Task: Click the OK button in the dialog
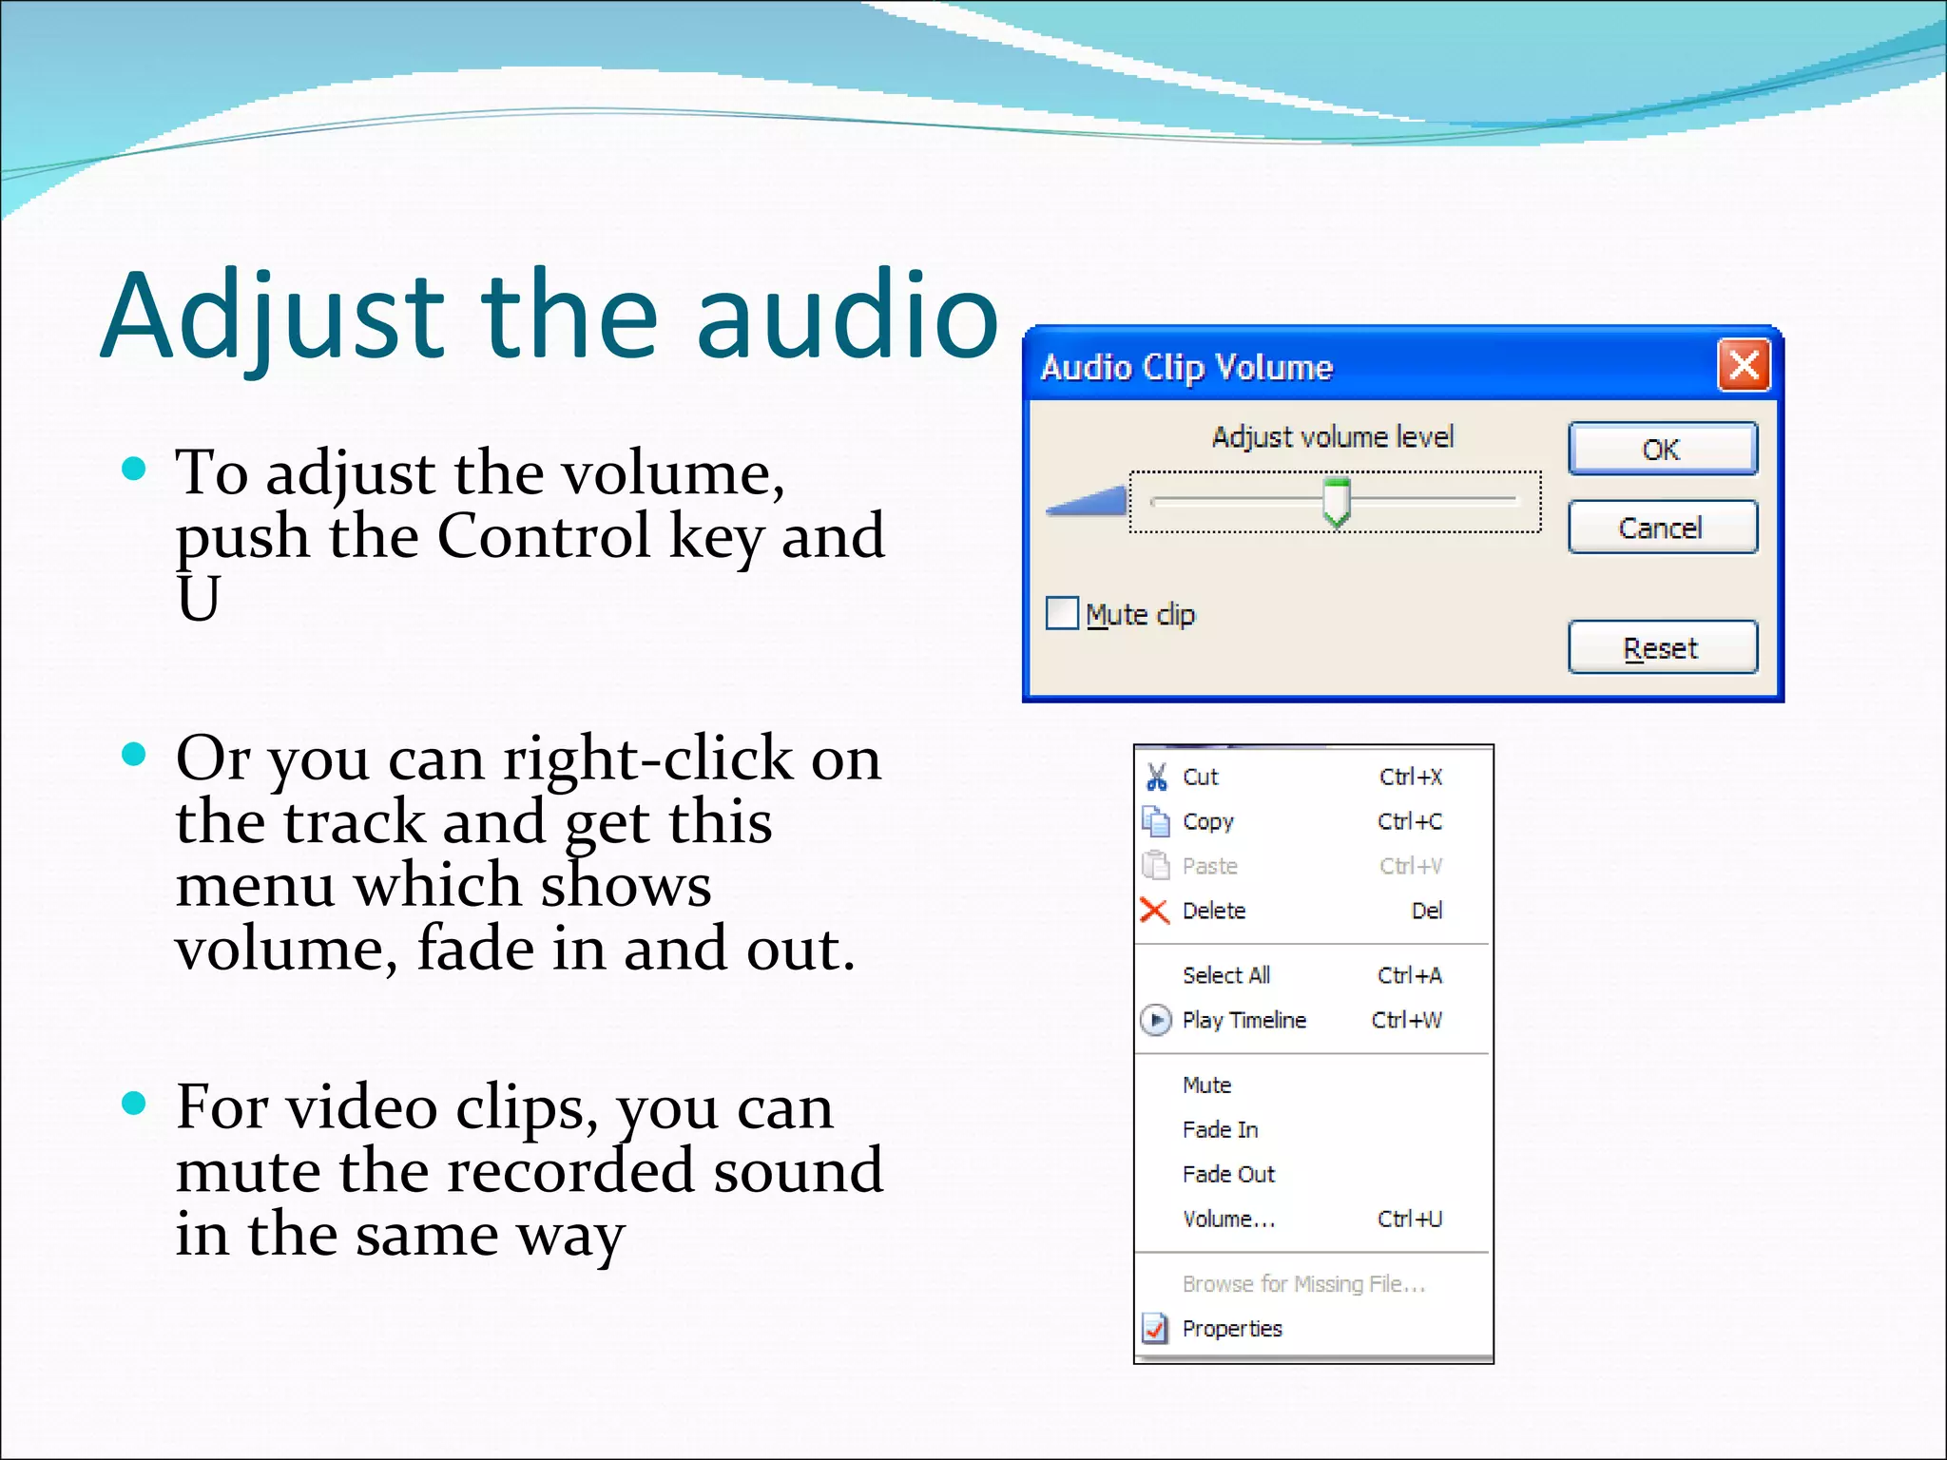[1662, 449]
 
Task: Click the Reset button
[1662, 648]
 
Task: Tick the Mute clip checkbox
[1062, 613]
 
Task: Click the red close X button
[1744, 365]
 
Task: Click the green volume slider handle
[1337, 501]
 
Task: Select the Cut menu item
[1201, 778]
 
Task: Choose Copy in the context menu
[1207, 821]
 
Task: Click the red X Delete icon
[1154, 911]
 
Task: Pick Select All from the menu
[1226, 975]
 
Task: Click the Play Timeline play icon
[1155, 1020]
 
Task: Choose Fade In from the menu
[1220, 1129]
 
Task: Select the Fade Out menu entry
[1228, 1174]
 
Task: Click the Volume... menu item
[1228, 1219]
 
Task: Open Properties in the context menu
[1232, 1328]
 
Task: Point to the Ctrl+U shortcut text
[1410, 1219]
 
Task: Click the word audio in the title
[846, 316]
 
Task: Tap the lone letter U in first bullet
[199, 599]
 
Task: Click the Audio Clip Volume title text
[1186, 367]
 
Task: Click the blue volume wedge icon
[1087, 500]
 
